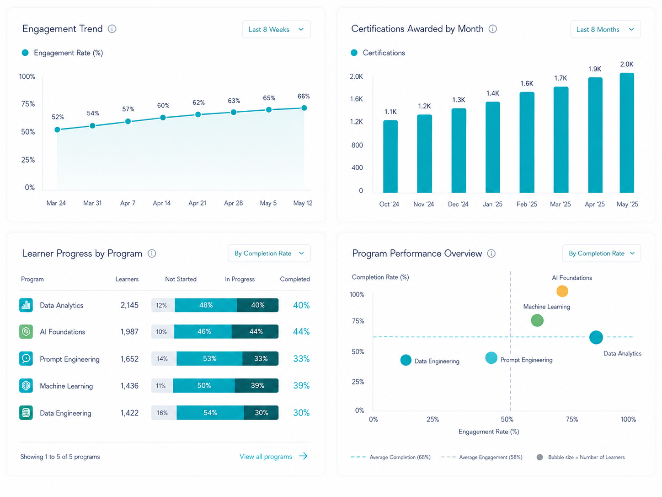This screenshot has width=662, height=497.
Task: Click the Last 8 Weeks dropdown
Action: click(x=276, y=29)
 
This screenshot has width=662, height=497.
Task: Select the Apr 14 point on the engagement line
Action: click(x=163, y=117)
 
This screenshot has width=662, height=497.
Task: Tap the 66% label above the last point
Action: click(x=304, y=96)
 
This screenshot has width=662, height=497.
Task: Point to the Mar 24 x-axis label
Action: click(x=56, y=203)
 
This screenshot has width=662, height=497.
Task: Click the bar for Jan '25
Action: click(x=492, y=147)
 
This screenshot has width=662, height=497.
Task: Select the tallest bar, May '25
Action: click(x=627, y=133)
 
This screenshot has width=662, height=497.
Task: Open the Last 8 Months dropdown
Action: click(x=605, y=29)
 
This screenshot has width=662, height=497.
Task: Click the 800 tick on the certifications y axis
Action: click(x=357, y=145)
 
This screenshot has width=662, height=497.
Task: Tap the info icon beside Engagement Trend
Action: click(x=112, y=29)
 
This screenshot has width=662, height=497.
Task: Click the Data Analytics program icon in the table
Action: click(x=26, y=305)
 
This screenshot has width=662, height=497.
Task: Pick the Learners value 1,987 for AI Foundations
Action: click(x=129, y=332)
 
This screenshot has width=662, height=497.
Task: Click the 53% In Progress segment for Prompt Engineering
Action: click(x=209, y=358)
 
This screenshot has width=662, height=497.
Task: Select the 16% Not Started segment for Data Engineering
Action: click(x=164, y=412)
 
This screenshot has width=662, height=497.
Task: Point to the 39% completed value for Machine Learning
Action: click(x=301, y=385)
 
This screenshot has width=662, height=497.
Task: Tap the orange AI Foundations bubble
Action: click(x=562, y=291)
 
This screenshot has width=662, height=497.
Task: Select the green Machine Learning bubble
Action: click(x=537, y=320)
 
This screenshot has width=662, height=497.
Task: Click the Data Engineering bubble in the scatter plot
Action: click(x=406, y=360)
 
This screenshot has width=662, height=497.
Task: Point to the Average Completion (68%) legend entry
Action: click(x=390, y=457)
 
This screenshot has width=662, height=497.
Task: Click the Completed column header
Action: click(x=295, y=279)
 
